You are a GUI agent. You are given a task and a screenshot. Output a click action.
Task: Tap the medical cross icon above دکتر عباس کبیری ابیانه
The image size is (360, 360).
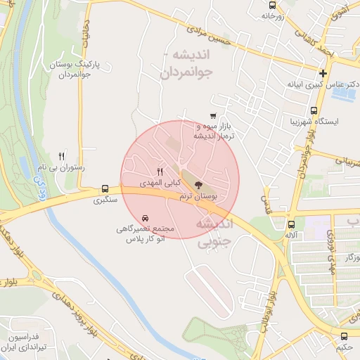pos(323,73)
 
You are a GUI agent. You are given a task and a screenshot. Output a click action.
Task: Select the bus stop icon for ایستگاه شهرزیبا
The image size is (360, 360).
pos(314,110)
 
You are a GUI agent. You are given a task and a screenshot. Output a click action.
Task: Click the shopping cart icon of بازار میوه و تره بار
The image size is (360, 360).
pos(213,116)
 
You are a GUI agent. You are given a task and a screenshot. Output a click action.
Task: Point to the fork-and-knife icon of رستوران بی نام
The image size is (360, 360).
pos(62,157)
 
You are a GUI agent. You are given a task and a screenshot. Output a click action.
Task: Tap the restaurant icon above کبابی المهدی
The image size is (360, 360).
pos(160,171)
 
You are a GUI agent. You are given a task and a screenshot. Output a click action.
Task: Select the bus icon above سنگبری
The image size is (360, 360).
pos(105,188)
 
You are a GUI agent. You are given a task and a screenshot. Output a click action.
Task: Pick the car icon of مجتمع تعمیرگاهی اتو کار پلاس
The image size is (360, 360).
pos(145,218)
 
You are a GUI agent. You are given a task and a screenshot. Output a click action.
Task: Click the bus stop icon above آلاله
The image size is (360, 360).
pos(290,224)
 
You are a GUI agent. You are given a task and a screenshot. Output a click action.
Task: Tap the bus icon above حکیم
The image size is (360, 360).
pos(344,336)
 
